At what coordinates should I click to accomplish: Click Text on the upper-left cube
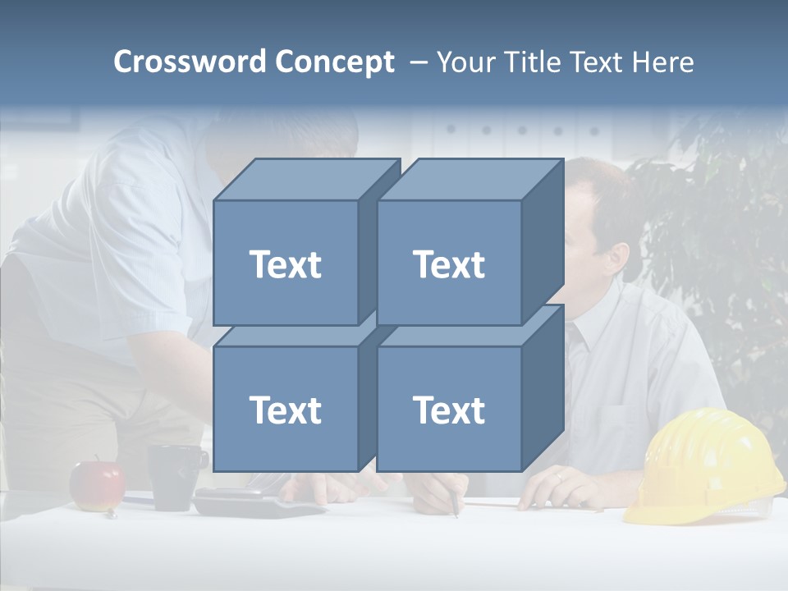[x=286, y=264]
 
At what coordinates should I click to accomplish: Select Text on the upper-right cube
[x=449, y=264]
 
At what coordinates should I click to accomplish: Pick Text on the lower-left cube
[x=286, y=410]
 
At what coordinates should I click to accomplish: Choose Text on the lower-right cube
[x=449, y=410]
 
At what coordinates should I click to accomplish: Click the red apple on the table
[x=97, y=485]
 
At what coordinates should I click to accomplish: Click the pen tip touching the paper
[x=456, y=515]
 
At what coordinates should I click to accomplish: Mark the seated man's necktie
[x=578, y=345]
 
